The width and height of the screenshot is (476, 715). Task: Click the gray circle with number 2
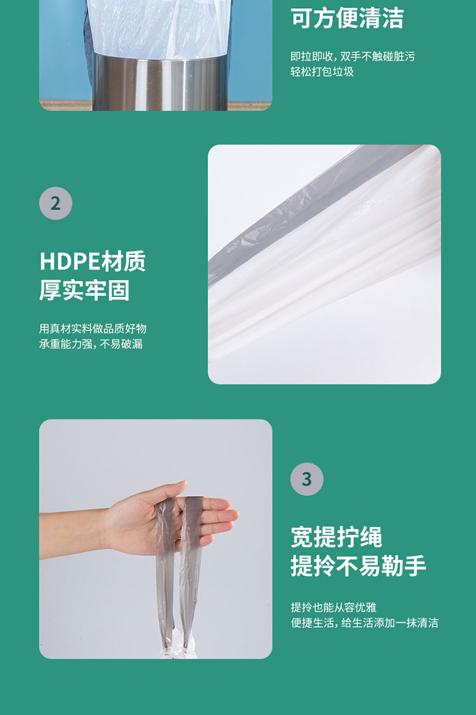(x=56, y=204)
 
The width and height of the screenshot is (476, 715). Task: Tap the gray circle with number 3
(x=307, y=479)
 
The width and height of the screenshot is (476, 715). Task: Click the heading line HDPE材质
(x=93, y=261)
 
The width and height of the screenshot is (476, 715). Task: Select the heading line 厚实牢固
(x=84, y=291)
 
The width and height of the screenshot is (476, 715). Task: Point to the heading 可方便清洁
(x=347, y=18)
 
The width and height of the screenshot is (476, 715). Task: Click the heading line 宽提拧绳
(x=336, y=537)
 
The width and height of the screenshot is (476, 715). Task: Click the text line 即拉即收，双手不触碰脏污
(x=353, y=56)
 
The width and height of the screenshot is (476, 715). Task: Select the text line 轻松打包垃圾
(x=322, y=72)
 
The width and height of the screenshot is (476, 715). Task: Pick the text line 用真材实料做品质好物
(x=93, y=329)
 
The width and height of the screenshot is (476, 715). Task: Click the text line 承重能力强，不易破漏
(x=91, y=344)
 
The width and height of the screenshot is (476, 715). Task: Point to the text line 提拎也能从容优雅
(x=334, y=607)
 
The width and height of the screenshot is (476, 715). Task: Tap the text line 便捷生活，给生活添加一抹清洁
(x=365, y=622)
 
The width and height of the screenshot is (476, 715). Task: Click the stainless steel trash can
(x=160, y=82)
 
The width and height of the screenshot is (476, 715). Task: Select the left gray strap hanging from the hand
(x=165, y=570)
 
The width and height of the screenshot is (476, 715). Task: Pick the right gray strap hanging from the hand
(x=191, y=570)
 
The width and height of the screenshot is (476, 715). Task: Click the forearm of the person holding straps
(x=73, y=534)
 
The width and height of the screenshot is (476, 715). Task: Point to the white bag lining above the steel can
(x=157, y=27)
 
